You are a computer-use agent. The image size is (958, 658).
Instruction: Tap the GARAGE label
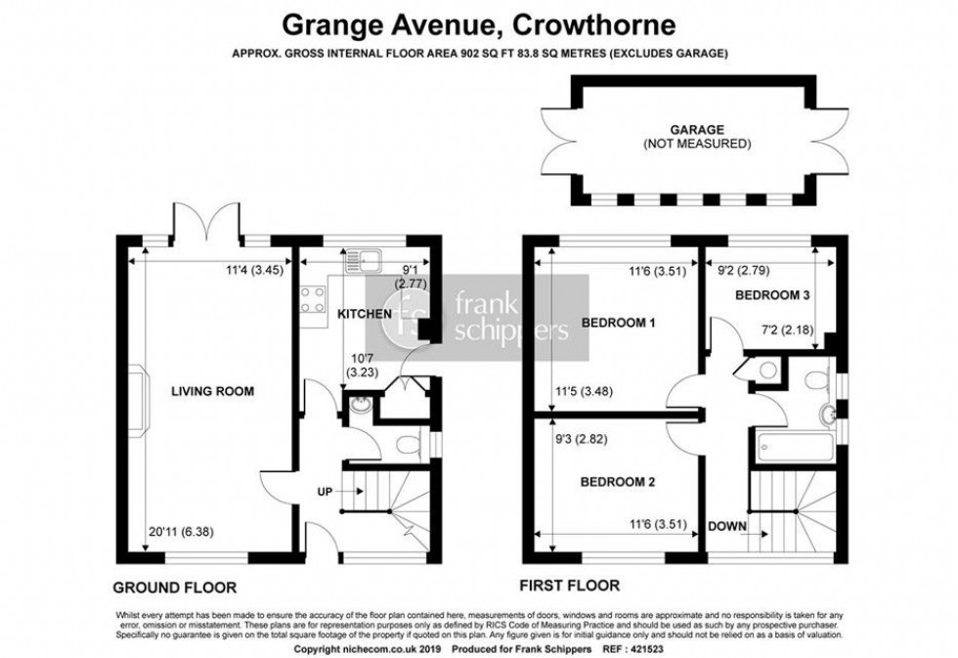pos(696,128)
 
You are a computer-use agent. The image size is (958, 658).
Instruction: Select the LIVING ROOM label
pos(213,392)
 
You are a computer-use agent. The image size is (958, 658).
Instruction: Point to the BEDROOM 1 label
pos(618,323)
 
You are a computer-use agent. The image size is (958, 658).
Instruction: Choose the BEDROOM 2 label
pos(618,482)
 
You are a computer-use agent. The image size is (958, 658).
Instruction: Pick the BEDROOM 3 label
pos(771,294)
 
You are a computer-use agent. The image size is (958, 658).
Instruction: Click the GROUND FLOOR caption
pos(175,589)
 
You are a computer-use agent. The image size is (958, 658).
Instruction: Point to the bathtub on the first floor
pos(793,447)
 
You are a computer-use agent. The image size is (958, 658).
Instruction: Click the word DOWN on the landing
pos(728,528)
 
